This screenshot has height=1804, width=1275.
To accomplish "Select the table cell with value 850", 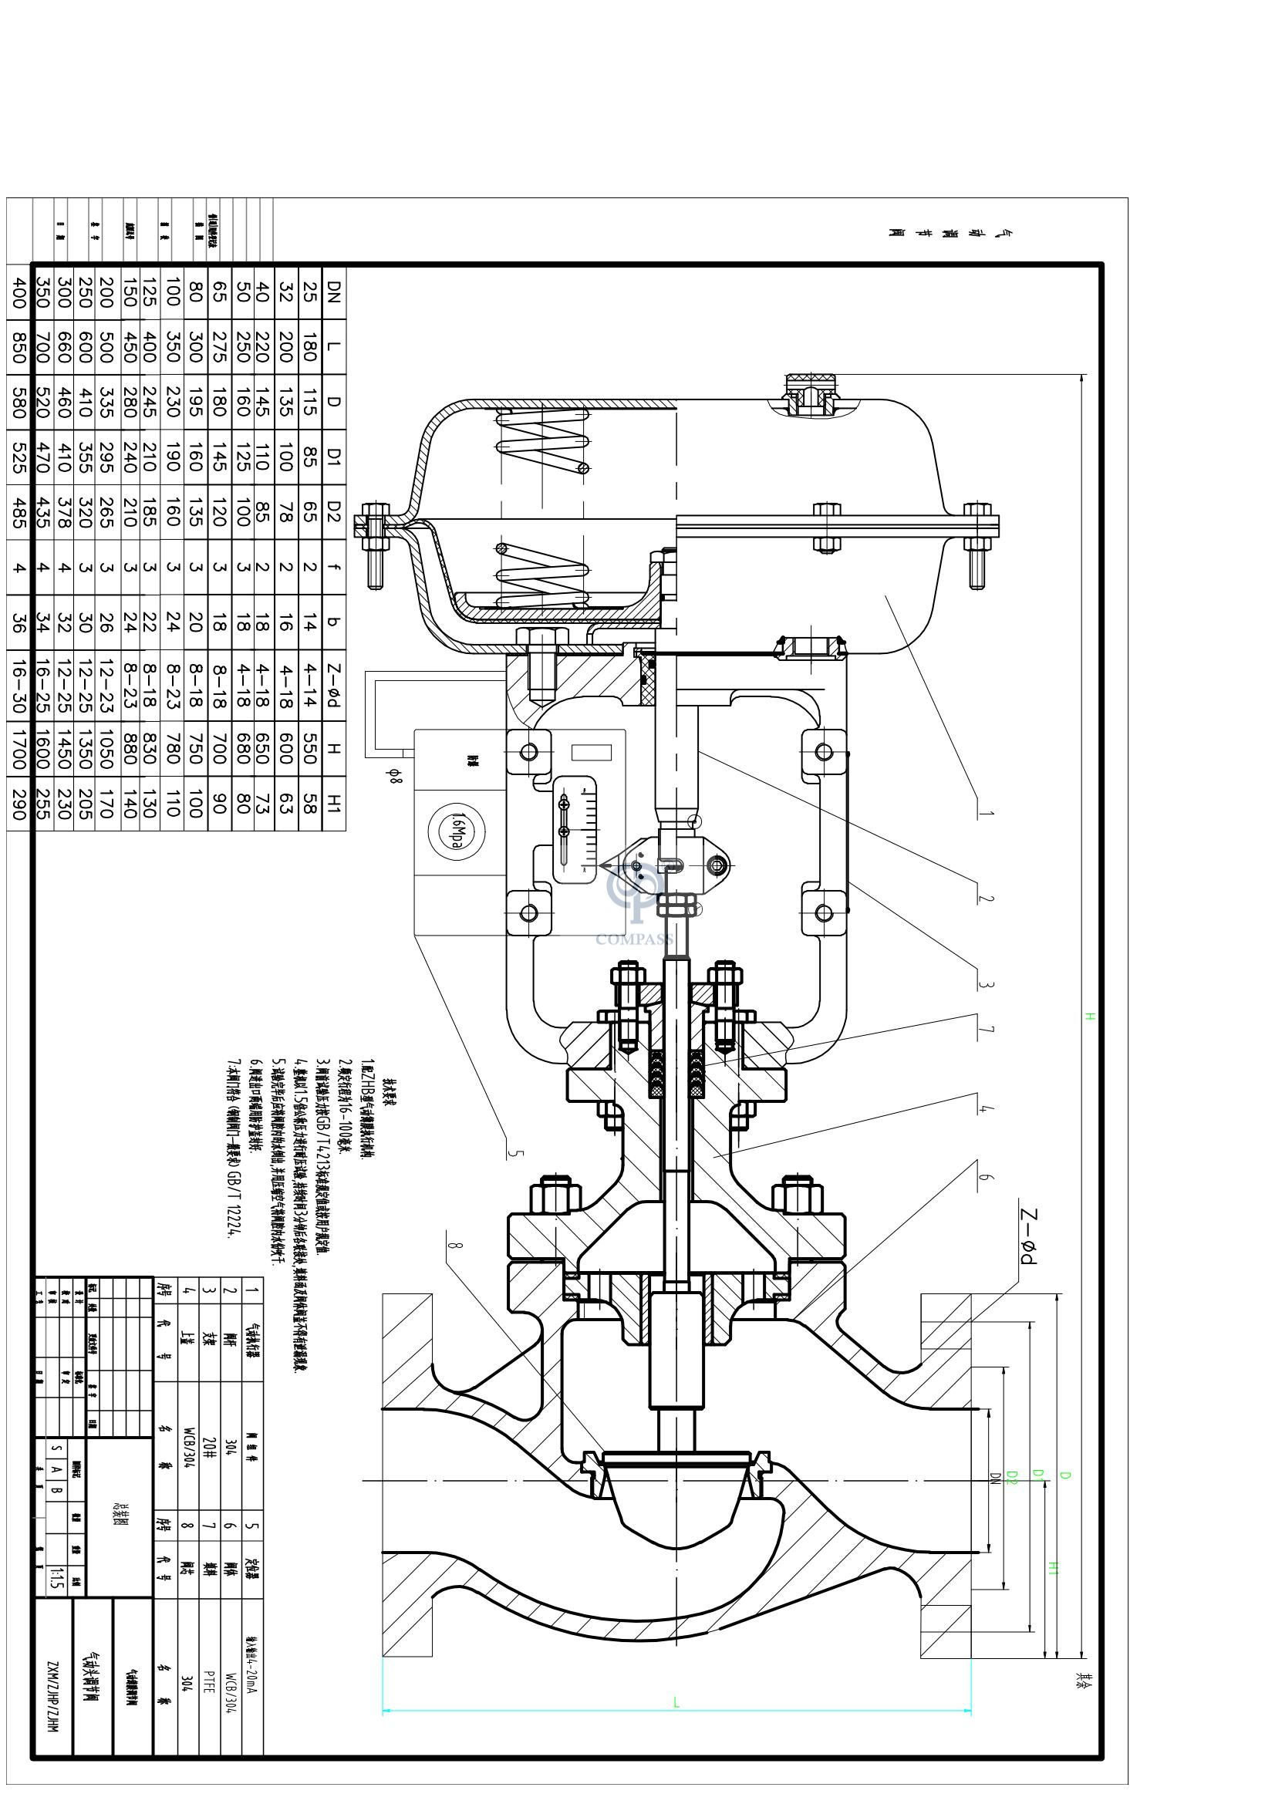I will pyautogui.click(x=18, y=346).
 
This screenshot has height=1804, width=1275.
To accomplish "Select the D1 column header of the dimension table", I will pyautogui.click(x=333, y=456).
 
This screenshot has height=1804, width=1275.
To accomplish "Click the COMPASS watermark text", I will pyautogui.click(x=635, y=939).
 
